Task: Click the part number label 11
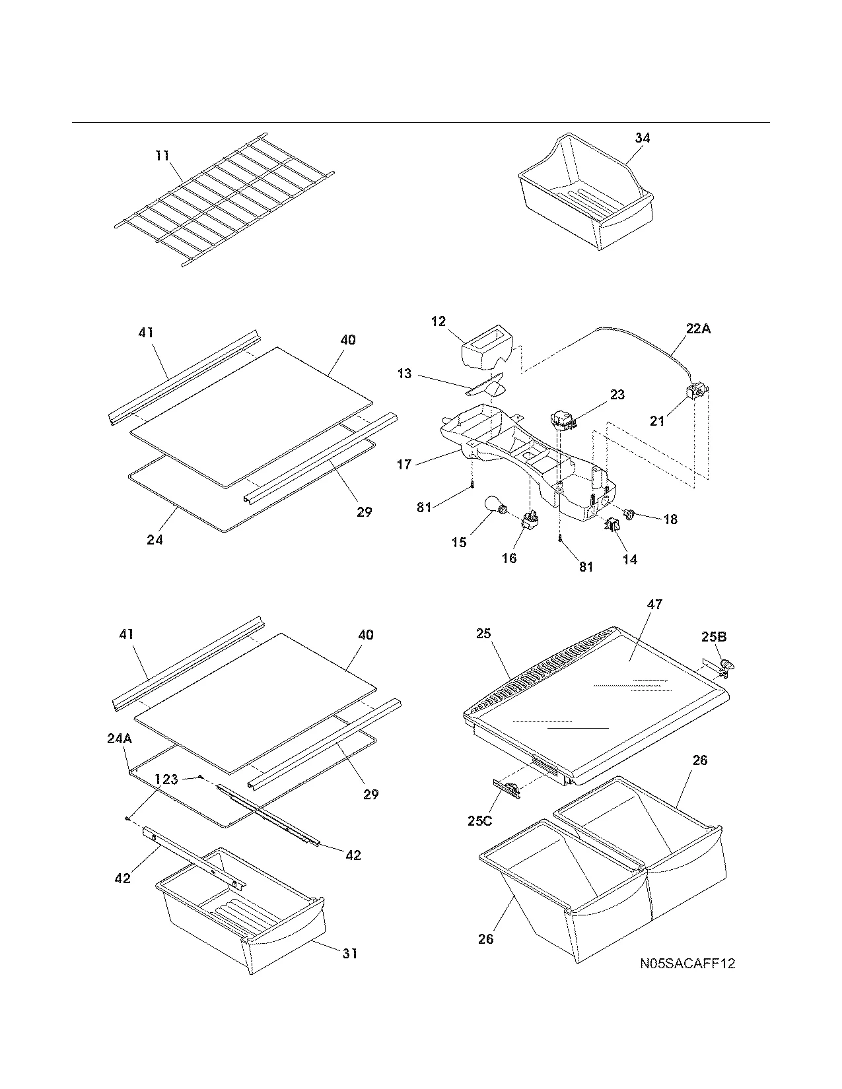tap(162, 156)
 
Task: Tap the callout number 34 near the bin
tap(642, 138)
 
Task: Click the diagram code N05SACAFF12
tap(687, 964)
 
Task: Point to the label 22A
tap(697, 329)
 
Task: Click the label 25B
tap(713, 637)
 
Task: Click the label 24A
tap(120, 739)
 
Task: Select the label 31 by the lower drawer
tap(350, 953)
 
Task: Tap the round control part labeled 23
tap(562, 420)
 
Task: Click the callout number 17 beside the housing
tap(404, 465)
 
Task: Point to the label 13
tap(404, 374)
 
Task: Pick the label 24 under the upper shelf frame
tap(155, 539)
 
